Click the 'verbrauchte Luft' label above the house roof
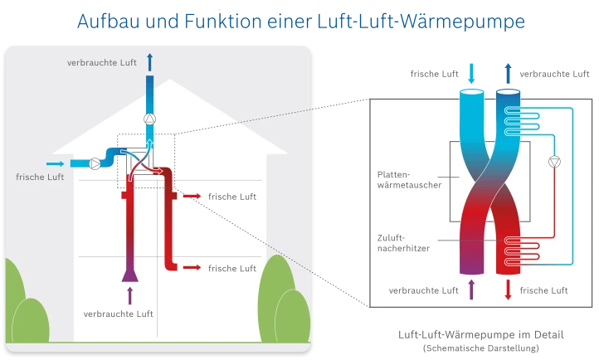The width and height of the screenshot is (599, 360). pyautogui.click(x=101, y=63)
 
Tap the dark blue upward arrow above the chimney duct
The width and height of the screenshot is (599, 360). pyautogui.click(x=149, y=61)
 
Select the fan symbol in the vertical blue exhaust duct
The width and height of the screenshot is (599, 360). pyautogui.click(x=149, y=119)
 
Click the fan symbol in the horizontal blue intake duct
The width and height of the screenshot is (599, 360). pyautogui.click(x=97, y=163)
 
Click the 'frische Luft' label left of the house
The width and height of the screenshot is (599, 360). pyautogui.click(x=39, y=178)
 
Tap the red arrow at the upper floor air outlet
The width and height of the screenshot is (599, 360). pyautogui.click(x=191, y=197)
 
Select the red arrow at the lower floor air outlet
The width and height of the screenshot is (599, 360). pyautogui.click(x=191, y=268)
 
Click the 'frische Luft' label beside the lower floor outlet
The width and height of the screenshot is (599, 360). pyautogui.click(x=232, y=268)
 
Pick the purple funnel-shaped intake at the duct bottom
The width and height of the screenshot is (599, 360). pyautogui.click(x=130, y=271)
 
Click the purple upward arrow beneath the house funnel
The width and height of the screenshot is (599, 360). pyautogui.click(x=129, y=294)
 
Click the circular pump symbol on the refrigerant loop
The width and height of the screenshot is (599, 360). pyautogui.click(x=555, y=163)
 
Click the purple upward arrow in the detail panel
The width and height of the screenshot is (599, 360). pyautogui.click(x=471, y=290)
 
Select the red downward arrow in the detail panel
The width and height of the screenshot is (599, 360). pyautogui.click(x=508, y=290)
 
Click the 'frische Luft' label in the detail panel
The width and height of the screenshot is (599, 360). pyautogui.click(x=543, y=290)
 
